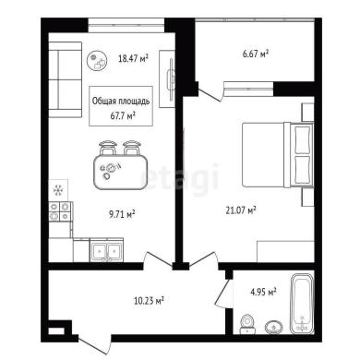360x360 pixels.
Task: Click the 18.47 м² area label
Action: (134, 58)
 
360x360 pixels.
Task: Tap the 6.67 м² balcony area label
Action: (256, 54)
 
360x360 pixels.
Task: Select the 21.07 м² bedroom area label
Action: (242, 210)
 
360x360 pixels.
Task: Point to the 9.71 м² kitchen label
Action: (123, 214)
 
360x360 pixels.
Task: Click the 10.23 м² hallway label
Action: (149, 300)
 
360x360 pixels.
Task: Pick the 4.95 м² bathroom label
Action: (263, 291)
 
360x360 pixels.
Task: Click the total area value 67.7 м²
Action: (123, 116)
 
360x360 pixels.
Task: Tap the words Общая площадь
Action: (121, 102)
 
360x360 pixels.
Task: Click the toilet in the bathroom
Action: (247, 325)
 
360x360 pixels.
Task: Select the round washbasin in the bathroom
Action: (274, 327)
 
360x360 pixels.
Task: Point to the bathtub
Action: (303, 304)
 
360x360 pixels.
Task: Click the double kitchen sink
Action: (106, 250)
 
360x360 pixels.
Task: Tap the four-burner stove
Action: (60, 211)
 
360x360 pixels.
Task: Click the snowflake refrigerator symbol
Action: (58, 190)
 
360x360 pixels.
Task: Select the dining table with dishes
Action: (120, 173)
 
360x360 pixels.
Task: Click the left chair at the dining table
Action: (107, 148)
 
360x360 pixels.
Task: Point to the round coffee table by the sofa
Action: (97, 61)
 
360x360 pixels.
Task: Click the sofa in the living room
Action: (66, 79)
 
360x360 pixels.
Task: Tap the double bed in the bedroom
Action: (278, 154)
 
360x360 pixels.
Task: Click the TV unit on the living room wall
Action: (167, 79)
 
